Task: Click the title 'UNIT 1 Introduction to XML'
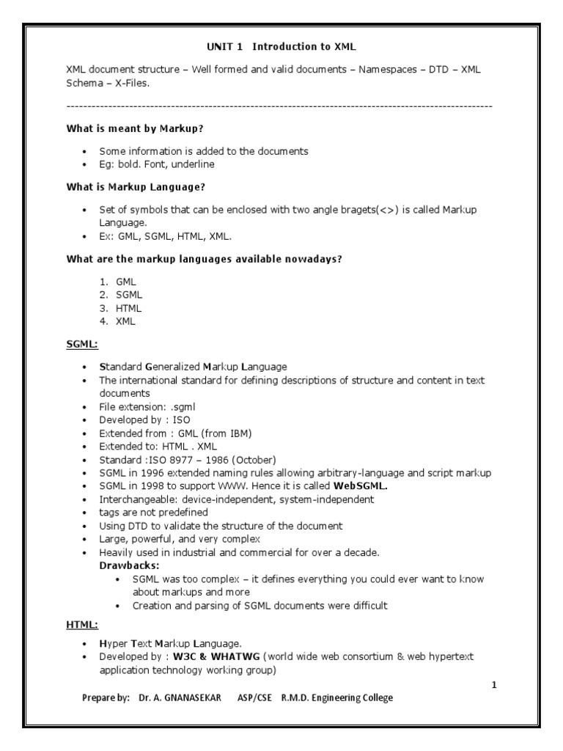[x=281, y=47]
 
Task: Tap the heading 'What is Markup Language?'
[x=136, y=187]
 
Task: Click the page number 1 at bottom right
[x=494, y=685]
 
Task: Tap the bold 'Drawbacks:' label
[x=130, y=565]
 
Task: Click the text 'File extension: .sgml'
[x=147, y=406]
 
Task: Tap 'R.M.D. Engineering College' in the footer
[x=336, y=698]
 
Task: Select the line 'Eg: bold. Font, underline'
[x=157, y=164]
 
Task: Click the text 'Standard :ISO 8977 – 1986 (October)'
[x=188, y=459]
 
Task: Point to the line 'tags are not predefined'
[x=153, y=513]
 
